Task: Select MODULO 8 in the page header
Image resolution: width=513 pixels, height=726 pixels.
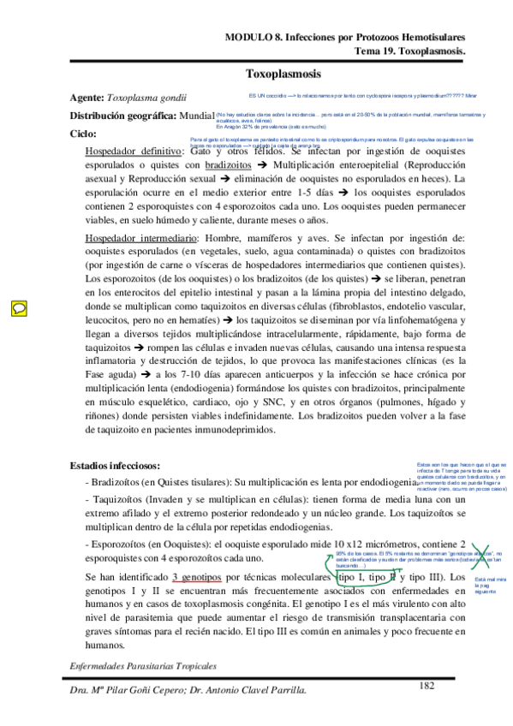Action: (x=254, y=38)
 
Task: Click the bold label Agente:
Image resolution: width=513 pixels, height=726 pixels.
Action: (x=88, y=98)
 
